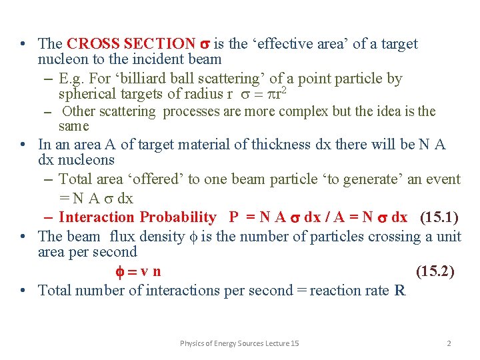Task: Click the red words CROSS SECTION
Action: click(x=131, y=44)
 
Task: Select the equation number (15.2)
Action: click(x=435, y=271)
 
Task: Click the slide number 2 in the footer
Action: click(x=449, y=343)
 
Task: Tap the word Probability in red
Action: click(x=178, y=217)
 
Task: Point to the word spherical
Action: click(x=86, y=94)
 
